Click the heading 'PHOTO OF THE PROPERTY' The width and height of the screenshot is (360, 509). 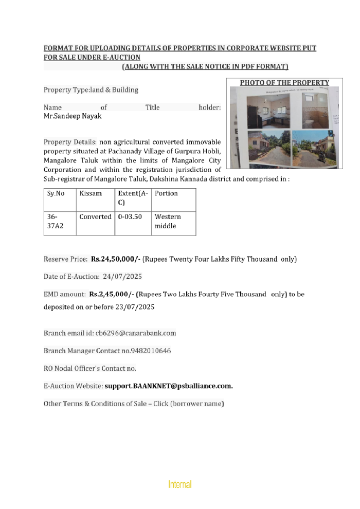(284, 82)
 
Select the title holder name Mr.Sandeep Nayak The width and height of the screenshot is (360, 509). (72, 116)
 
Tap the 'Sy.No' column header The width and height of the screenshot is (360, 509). (55, 193)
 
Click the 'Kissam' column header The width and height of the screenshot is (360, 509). (90, 193)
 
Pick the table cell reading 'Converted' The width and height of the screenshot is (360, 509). (95, 217)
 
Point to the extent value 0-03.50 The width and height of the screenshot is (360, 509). (130, 217)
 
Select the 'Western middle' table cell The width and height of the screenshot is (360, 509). (168, 221)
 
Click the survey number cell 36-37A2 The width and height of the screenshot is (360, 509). (55, 221)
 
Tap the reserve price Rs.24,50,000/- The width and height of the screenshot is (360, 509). (116, 259)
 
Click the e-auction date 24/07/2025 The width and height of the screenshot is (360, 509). (122, 277)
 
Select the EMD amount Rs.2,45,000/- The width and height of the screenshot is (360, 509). (112, 294)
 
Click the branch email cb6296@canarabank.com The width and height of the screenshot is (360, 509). (136, 333)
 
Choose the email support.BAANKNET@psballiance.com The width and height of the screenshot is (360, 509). (168, 386)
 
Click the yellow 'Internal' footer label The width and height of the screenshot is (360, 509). (180, 484)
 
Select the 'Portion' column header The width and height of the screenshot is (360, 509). (166, 193)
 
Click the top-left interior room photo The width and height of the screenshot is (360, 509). (268, 111)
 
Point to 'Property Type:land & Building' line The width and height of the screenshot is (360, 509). (91, 90)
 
